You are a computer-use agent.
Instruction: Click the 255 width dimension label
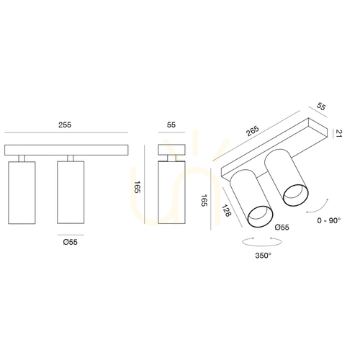(x=65, y=125)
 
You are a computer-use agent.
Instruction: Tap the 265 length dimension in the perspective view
(x=253, y=131)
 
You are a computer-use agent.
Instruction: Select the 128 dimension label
(x=226, y=210)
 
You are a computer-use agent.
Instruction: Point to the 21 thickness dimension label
(x=338, y=133)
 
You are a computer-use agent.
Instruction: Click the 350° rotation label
(x=264, y=256)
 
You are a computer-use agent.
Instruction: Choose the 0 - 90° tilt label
(x=329, y=220)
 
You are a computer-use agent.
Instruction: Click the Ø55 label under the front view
(x=71, y=242)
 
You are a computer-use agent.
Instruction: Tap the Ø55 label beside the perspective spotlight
(x=282, y=228)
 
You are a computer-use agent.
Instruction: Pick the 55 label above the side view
(x=171, y=125)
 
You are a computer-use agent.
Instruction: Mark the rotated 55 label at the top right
(x=321, y=107)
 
